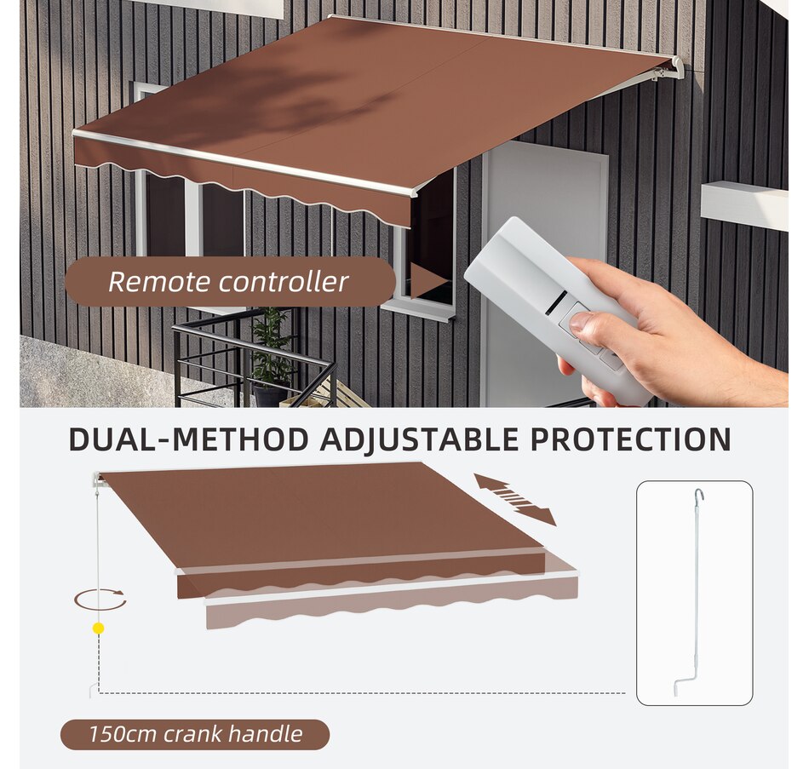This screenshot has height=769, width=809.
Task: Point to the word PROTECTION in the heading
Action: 631,439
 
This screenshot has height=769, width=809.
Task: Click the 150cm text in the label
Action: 120,734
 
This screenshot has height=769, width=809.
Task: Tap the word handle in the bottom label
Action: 269,734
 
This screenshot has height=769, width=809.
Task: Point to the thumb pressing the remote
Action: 582,321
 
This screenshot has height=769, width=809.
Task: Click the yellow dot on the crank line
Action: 99,628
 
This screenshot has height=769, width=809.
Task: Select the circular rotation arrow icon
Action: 100,600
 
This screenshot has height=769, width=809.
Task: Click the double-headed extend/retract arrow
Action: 515,499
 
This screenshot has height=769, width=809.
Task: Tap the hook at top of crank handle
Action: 697,496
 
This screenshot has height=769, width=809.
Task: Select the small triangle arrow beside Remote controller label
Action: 427,280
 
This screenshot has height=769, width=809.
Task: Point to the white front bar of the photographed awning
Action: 247,163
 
